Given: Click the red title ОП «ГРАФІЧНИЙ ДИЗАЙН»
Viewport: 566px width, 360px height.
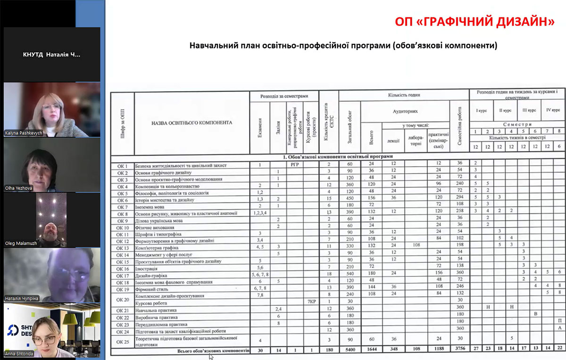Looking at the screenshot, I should coord(474,22).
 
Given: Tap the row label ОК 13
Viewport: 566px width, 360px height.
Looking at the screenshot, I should coord(123,248).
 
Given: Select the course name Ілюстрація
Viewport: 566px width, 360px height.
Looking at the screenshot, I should coord(147,268).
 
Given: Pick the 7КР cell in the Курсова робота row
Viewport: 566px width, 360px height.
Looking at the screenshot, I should coord(310,301).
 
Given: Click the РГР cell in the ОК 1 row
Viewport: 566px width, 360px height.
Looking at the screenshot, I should coord(295,166).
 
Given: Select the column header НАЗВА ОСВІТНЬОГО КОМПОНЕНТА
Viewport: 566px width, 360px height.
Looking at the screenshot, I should coord(191,122).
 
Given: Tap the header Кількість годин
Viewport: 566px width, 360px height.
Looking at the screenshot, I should coord(405,95).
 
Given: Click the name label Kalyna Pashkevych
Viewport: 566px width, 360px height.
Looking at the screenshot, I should coord(23,133).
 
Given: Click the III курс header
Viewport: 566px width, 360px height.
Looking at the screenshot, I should coord(528,110).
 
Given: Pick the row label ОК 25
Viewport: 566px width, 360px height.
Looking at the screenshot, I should coord(123,340).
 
